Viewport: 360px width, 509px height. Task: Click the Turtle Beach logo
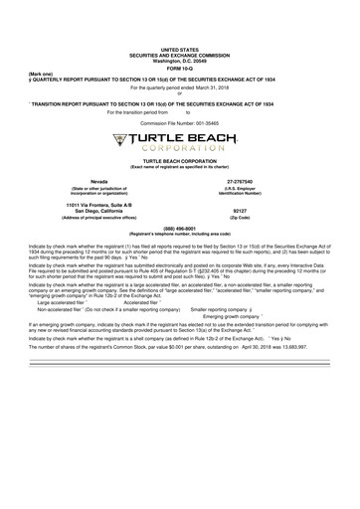179,142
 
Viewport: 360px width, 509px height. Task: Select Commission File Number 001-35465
179,122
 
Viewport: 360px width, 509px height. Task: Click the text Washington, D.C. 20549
179,60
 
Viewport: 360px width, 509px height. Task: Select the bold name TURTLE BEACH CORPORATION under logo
179,160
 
